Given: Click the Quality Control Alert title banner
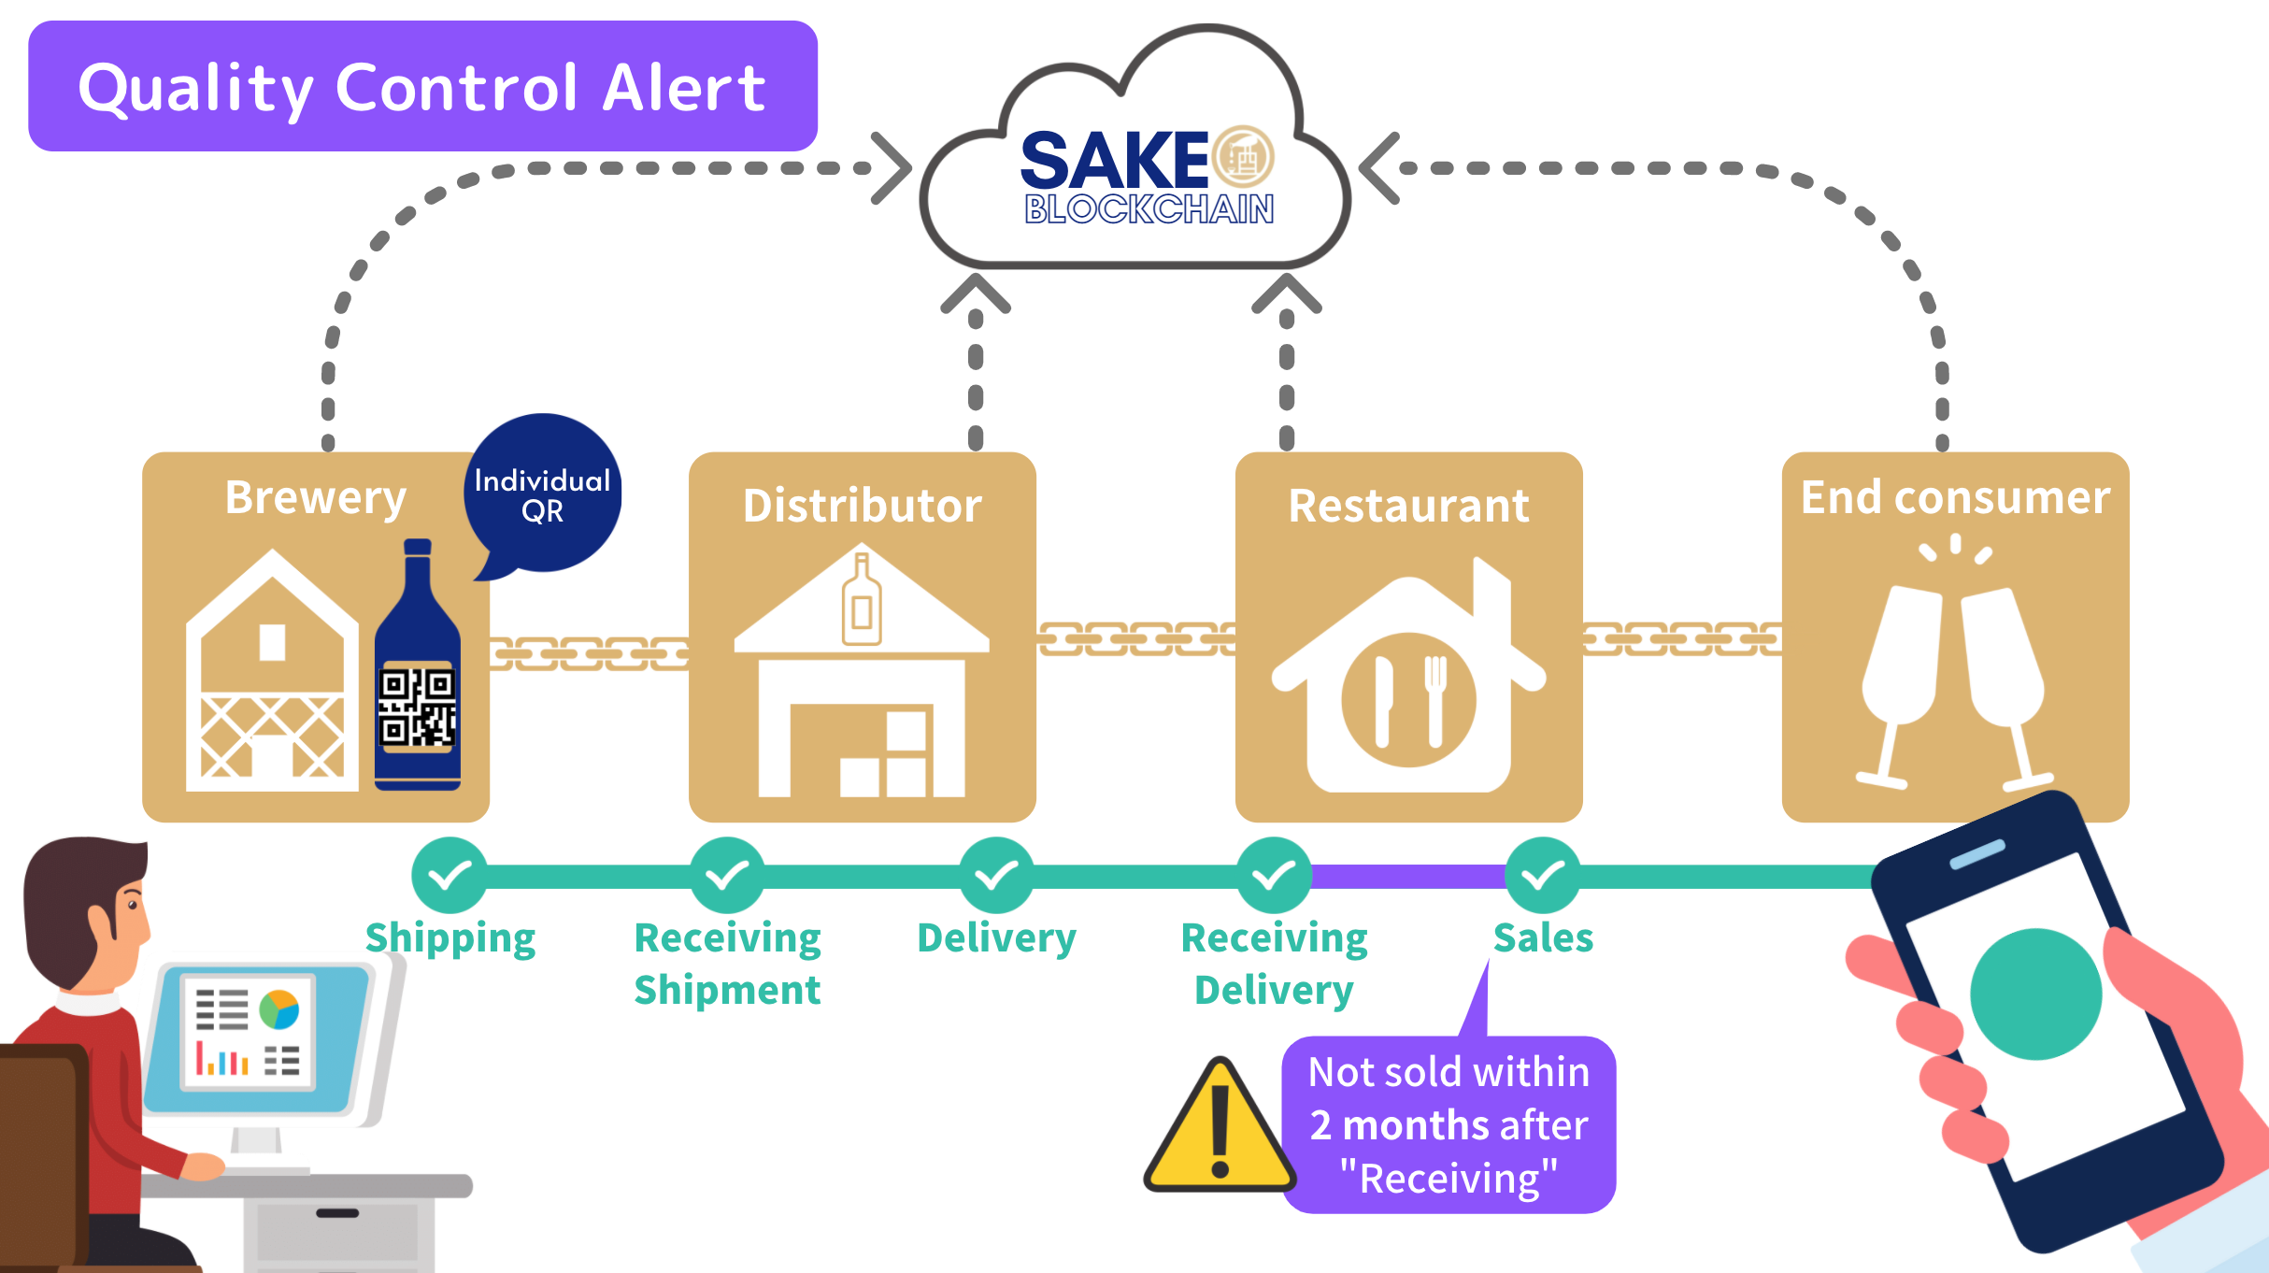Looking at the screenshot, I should (422, 86).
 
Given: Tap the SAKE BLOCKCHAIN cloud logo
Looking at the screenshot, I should (1148, 176).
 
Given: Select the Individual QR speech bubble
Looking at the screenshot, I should (543, 493).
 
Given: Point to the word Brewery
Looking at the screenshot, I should (315, 497).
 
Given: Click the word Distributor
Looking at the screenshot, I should (862, 506).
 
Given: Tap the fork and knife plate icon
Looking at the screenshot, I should (1408, 699).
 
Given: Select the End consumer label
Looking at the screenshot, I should (1955, 497).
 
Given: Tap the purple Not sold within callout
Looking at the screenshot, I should (1448, 1124).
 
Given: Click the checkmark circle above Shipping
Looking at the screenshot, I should (450, 876).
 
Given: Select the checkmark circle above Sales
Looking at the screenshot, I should (1543, 876).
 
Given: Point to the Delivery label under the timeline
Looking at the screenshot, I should (996, 937).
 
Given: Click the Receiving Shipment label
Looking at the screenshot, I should (727, 963).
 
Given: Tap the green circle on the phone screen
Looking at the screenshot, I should (2035, 994).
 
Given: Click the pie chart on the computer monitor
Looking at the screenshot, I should (278, 1009).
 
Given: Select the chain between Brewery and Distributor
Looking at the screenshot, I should (589, 653).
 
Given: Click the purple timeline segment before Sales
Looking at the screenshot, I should (1408, 877).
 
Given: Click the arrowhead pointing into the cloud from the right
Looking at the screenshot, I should (1378, 168).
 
